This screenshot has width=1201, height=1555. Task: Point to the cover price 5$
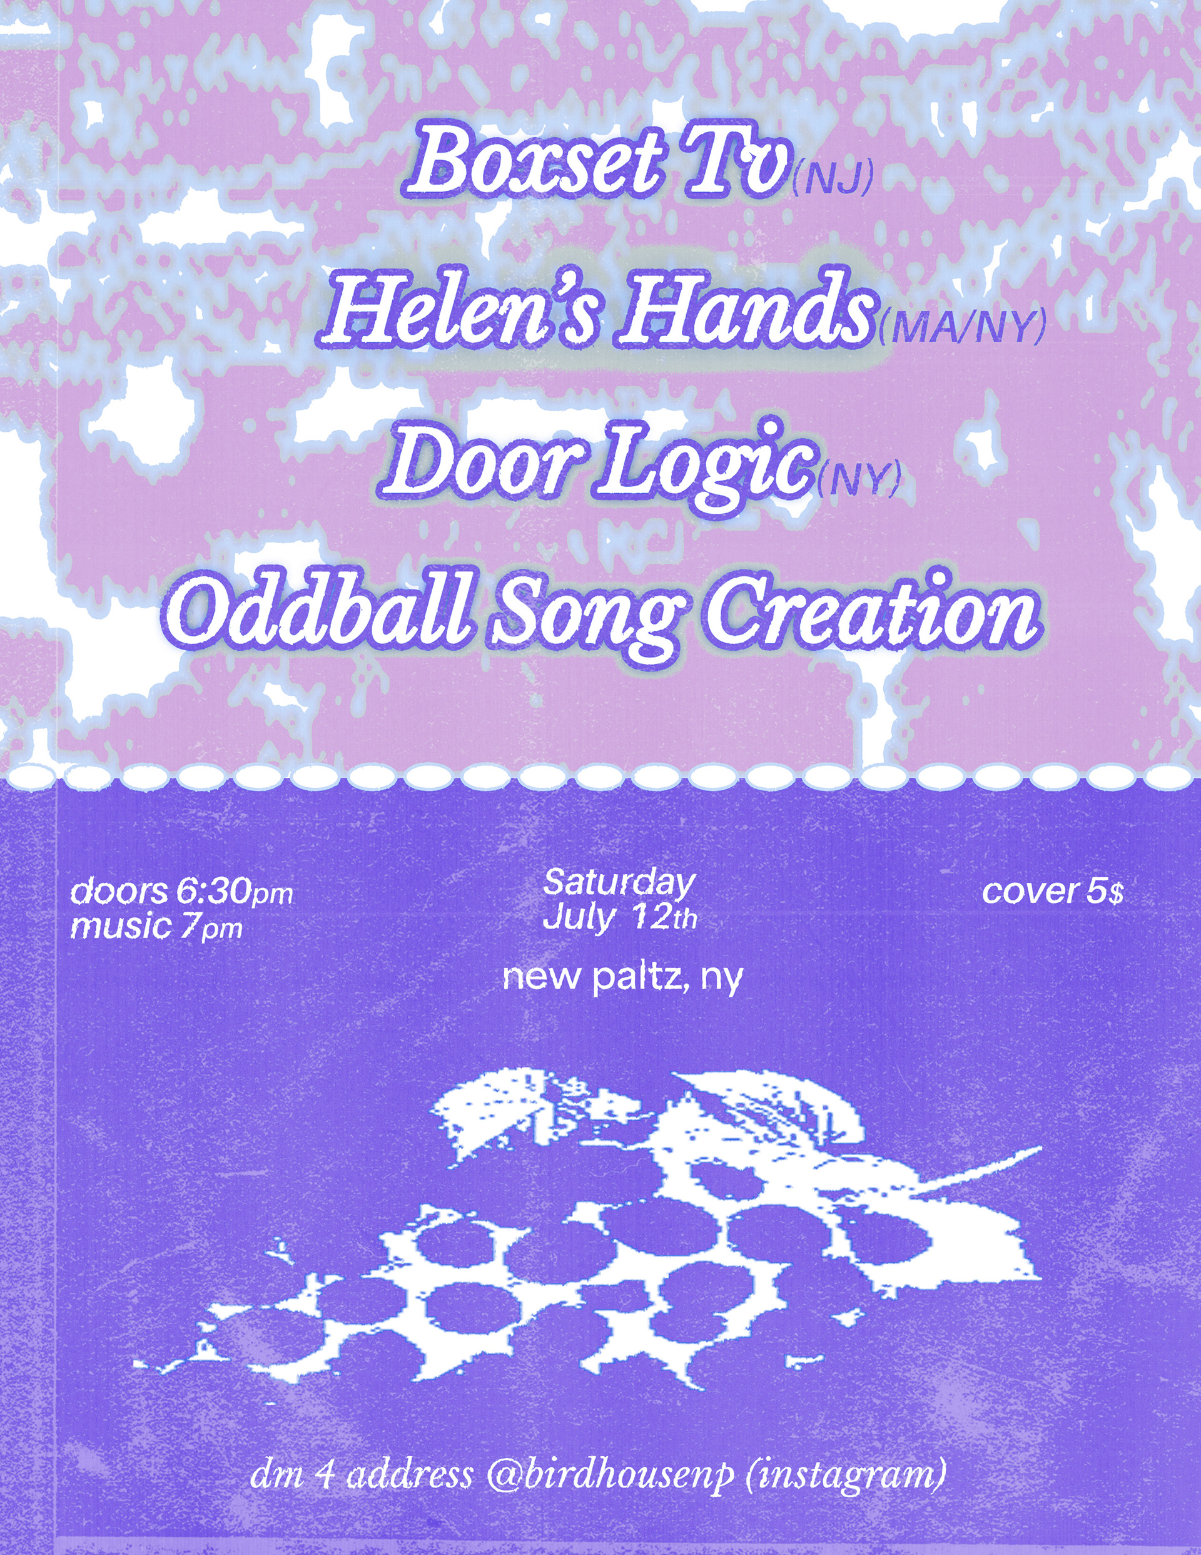coord(1105,892)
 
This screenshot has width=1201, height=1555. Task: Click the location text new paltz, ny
coord(622,981)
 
